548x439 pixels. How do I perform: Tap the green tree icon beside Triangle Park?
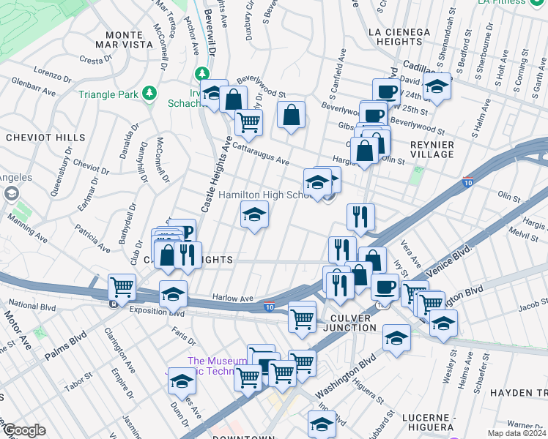[x=149, y=93]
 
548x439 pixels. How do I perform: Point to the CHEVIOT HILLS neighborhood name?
[x=35, y=137]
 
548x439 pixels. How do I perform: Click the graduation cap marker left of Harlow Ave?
[x=173, y=294]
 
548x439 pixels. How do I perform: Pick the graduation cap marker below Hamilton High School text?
[x=255, y=214]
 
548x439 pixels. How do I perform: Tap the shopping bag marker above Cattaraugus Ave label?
[x=291, y=115]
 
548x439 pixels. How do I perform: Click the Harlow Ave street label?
[x=232, y=298]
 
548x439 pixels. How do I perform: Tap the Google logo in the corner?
[x=23, y=430]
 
